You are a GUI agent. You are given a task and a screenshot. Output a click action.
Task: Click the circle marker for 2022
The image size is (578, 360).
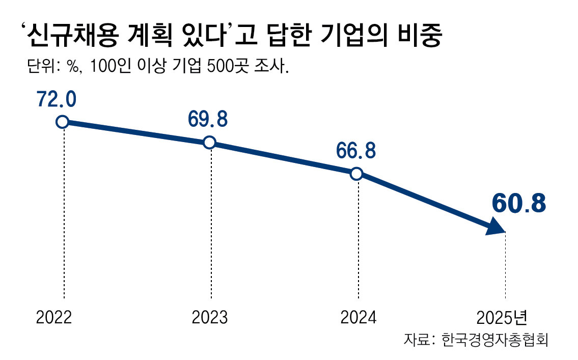62,122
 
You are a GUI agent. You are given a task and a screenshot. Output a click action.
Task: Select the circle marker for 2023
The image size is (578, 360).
209,143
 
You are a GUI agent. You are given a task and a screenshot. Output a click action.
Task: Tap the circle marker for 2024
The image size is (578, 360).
356,174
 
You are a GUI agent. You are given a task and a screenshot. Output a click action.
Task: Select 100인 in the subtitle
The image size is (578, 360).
106,68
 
